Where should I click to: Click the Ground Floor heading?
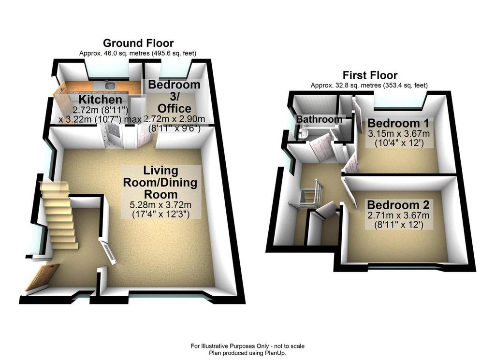coord(138,43)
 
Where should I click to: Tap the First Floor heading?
coord(370,75)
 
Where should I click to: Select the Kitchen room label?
coord(100,100)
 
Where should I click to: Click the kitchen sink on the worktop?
coord(111,85)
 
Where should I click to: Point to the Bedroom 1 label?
coord(398,123)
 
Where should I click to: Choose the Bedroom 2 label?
coord(398,205)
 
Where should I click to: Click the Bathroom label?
coord(319,119)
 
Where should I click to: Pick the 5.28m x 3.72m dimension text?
coord(160,205)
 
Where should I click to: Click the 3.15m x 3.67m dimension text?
coord(399,133)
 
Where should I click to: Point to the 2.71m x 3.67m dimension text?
coord(398,216)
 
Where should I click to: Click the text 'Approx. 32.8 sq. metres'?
coord(346,85)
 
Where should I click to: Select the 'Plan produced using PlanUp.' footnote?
coord(247,353)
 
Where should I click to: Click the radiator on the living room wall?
coord(108,251)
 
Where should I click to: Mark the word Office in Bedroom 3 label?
coord(175,109)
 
